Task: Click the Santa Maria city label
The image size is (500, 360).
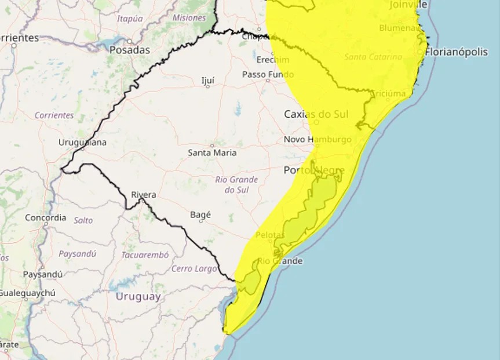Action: click(212, 153)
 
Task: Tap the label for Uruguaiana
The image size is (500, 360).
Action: click(82, 143)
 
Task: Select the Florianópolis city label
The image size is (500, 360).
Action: click(457, 52)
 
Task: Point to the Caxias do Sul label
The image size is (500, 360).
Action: click(316, 114)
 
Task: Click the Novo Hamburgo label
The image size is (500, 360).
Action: click(317, 140)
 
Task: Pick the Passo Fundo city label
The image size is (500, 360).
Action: click(268, 74)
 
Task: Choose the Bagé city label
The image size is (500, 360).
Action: click(200, 215)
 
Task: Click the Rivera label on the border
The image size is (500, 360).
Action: click(144, 195)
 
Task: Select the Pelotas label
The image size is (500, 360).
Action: click(270, 235)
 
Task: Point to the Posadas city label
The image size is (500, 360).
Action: click(130, 50)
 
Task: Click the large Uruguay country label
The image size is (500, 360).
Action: click(138, 297)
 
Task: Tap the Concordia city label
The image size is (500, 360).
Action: click(46, 218)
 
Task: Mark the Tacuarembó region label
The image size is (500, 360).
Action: click(145, 255)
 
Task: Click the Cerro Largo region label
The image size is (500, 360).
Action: click(194, 268)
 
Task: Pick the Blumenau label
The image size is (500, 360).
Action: click(399, 28)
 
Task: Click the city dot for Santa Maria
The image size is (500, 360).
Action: click(212, 146)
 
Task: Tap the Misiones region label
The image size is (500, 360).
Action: click(189, 18)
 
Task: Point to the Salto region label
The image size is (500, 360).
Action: click(83, 220)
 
